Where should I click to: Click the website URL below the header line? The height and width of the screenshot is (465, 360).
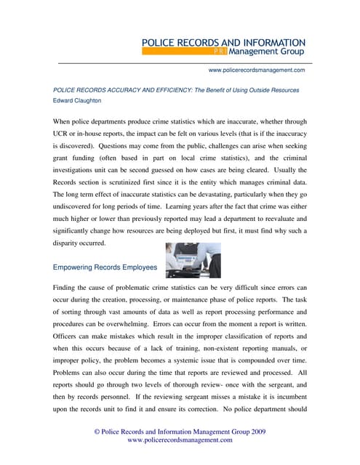256,70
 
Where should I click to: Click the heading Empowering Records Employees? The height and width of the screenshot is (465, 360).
105,267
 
